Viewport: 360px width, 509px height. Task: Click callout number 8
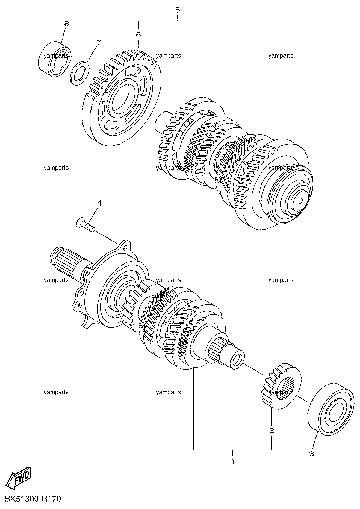66,24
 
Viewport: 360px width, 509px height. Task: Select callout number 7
99,42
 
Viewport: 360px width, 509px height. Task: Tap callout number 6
138,35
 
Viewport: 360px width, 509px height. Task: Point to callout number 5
177,10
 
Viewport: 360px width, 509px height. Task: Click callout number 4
100,203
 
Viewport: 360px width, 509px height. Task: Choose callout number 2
272,430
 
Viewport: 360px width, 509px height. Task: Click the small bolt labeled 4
85,224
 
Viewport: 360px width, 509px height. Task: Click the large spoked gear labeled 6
123,98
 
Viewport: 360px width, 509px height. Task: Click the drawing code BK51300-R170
33,499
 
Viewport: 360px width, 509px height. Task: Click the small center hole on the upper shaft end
300,201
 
